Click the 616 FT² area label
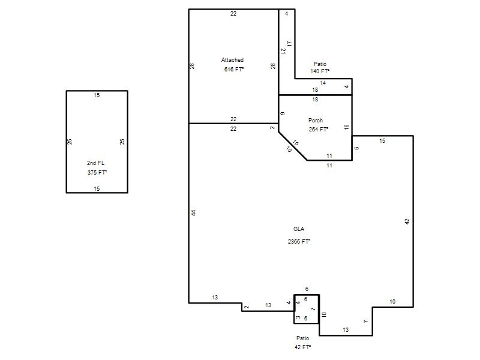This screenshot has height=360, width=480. pos(234,70)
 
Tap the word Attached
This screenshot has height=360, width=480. pos(232,59)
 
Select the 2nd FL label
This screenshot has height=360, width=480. pos(95,163)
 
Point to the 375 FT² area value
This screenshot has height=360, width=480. pos(97,172)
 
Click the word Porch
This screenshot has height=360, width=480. pos(316,121)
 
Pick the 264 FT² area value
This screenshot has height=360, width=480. pos(319,130)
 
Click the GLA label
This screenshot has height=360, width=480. pos(299,229)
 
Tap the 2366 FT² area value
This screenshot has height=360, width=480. pos(299,242)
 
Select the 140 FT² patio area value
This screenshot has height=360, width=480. pos(320,71)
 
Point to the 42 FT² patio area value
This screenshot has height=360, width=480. pos(303,347)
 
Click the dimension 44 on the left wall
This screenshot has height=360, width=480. pos(193,213)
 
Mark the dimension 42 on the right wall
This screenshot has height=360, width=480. pos(407,221)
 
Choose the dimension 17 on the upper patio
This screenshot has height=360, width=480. pos(290,44)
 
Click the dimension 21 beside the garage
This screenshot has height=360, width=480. pos(283,51)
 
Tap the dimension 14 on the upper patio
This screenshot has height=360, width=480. pos(323,83)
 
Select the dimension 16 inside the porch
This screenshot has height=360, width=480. pos(347,127)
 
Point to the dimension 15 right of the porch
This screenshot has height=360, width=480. pos(382,141)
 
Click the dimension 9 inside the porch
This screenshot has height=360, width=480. pos(282,113)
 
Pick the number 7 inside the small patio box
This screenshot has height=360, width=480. pos(313,309)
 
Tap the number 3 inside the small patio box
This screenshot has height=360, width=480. pos(298,317)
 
